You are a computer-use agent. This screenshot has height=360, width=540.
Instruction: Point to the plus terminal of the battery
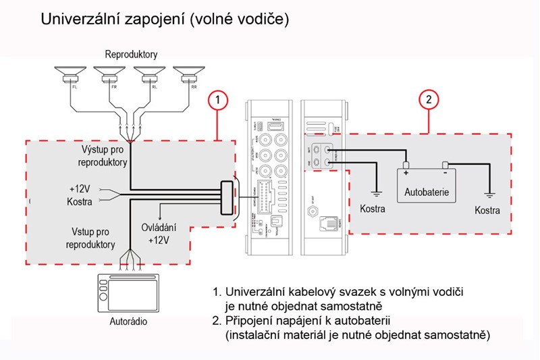[x=406, y=165]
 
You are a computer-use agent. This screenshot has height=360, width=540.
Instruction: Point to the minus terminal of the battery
[x=446, y=165]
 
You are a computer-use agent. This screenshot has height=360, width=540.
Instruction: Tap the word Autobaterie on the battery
[x=426, y=192]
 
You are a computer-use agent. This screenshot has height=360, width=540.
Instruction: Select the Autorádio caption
[x=128, y=322]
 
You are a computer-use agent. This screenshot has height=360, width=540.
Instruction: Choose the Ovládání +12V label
[x=157, y=232]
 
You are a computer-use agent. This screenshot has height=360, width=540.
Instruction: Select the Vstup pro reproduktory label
[x=90, y=238]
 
